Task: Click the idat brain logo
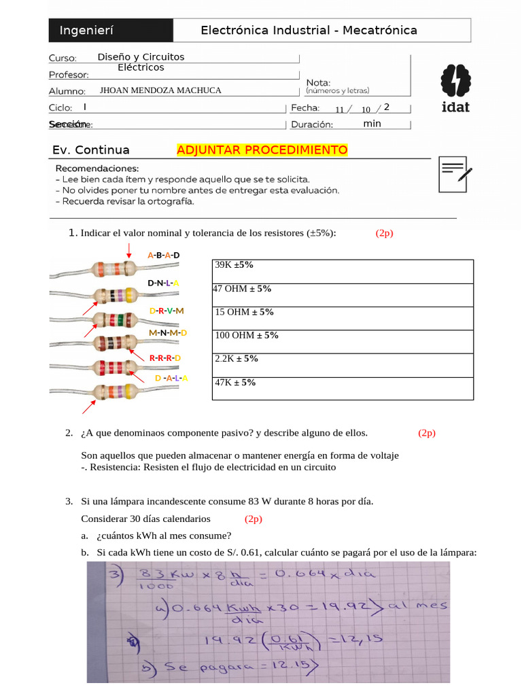(x=455, y=88)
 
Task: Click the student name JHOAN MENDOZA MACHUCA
(x=160, y=90)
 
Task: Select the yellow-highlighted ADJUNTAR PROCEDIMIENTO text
(x=262, y=150)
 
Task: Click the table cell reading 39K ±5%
(x=343, y=271)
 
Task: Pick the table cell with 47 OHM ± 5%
(x=343, y=294)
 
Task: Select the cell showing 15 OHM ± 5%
(x=343, y=317)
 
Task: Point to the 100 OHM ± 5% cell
(x=343, y=341)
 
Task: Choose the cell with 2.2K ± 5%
(x=343, y=364)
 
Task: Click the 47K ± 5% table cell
(x=343, y=388)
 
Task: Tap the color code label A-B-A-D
(x=164, y=255)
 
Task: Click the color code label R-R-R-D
(x=165, y=358)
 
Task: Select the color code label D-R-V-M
(x=167, y=311)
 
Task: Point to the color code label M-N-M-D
(x=167, y=333)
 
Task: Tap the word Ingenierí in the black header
(x=86, y=31)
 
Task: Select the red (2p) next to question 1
(x=384, y=233)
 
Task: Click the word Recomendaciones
(x=97, y=168)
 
